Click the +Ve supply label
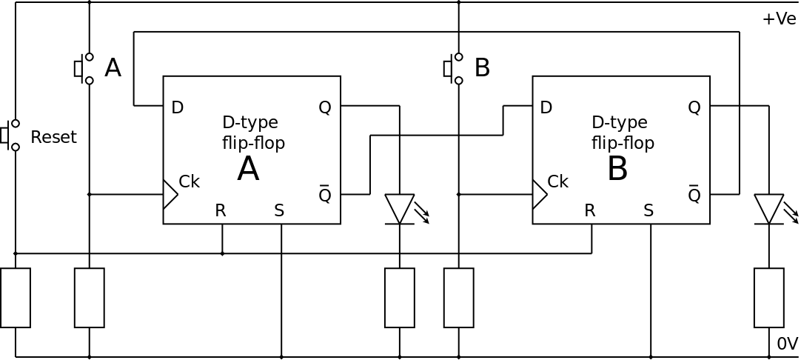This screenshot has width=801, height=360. point(779,19)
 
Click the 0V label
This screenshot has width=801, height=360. point(787,344)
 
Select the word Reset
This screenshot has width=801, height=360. point(53,138)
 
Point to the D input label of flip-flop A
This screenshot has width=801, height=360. point(177,107)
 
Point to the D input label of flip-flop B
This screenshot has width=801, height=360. point(546,107)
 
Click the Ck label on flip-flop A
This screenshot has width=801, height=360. point(189,181)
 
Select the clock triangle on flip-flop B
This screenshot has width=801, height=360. point(539,194)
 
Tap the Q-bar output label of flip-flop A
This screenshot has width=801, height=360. point(324,194)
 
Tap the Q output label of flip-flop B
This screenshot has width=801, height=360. point(694,107)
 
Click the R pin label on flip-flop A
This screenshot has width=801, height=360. point(220,210)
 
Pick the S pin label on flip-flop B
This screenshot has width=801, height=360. point(648,210)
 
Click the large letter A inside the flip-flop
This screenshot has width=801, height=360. point(248,170)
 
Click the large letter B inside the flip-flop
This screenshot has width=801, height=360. point(617,170)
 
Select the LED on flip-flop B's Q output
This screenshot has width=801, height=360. point(769,208)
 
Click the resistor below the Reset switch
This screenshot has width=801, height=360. point(16,298)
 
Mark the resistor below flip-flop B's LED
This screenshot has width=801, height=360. point(769,298)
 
